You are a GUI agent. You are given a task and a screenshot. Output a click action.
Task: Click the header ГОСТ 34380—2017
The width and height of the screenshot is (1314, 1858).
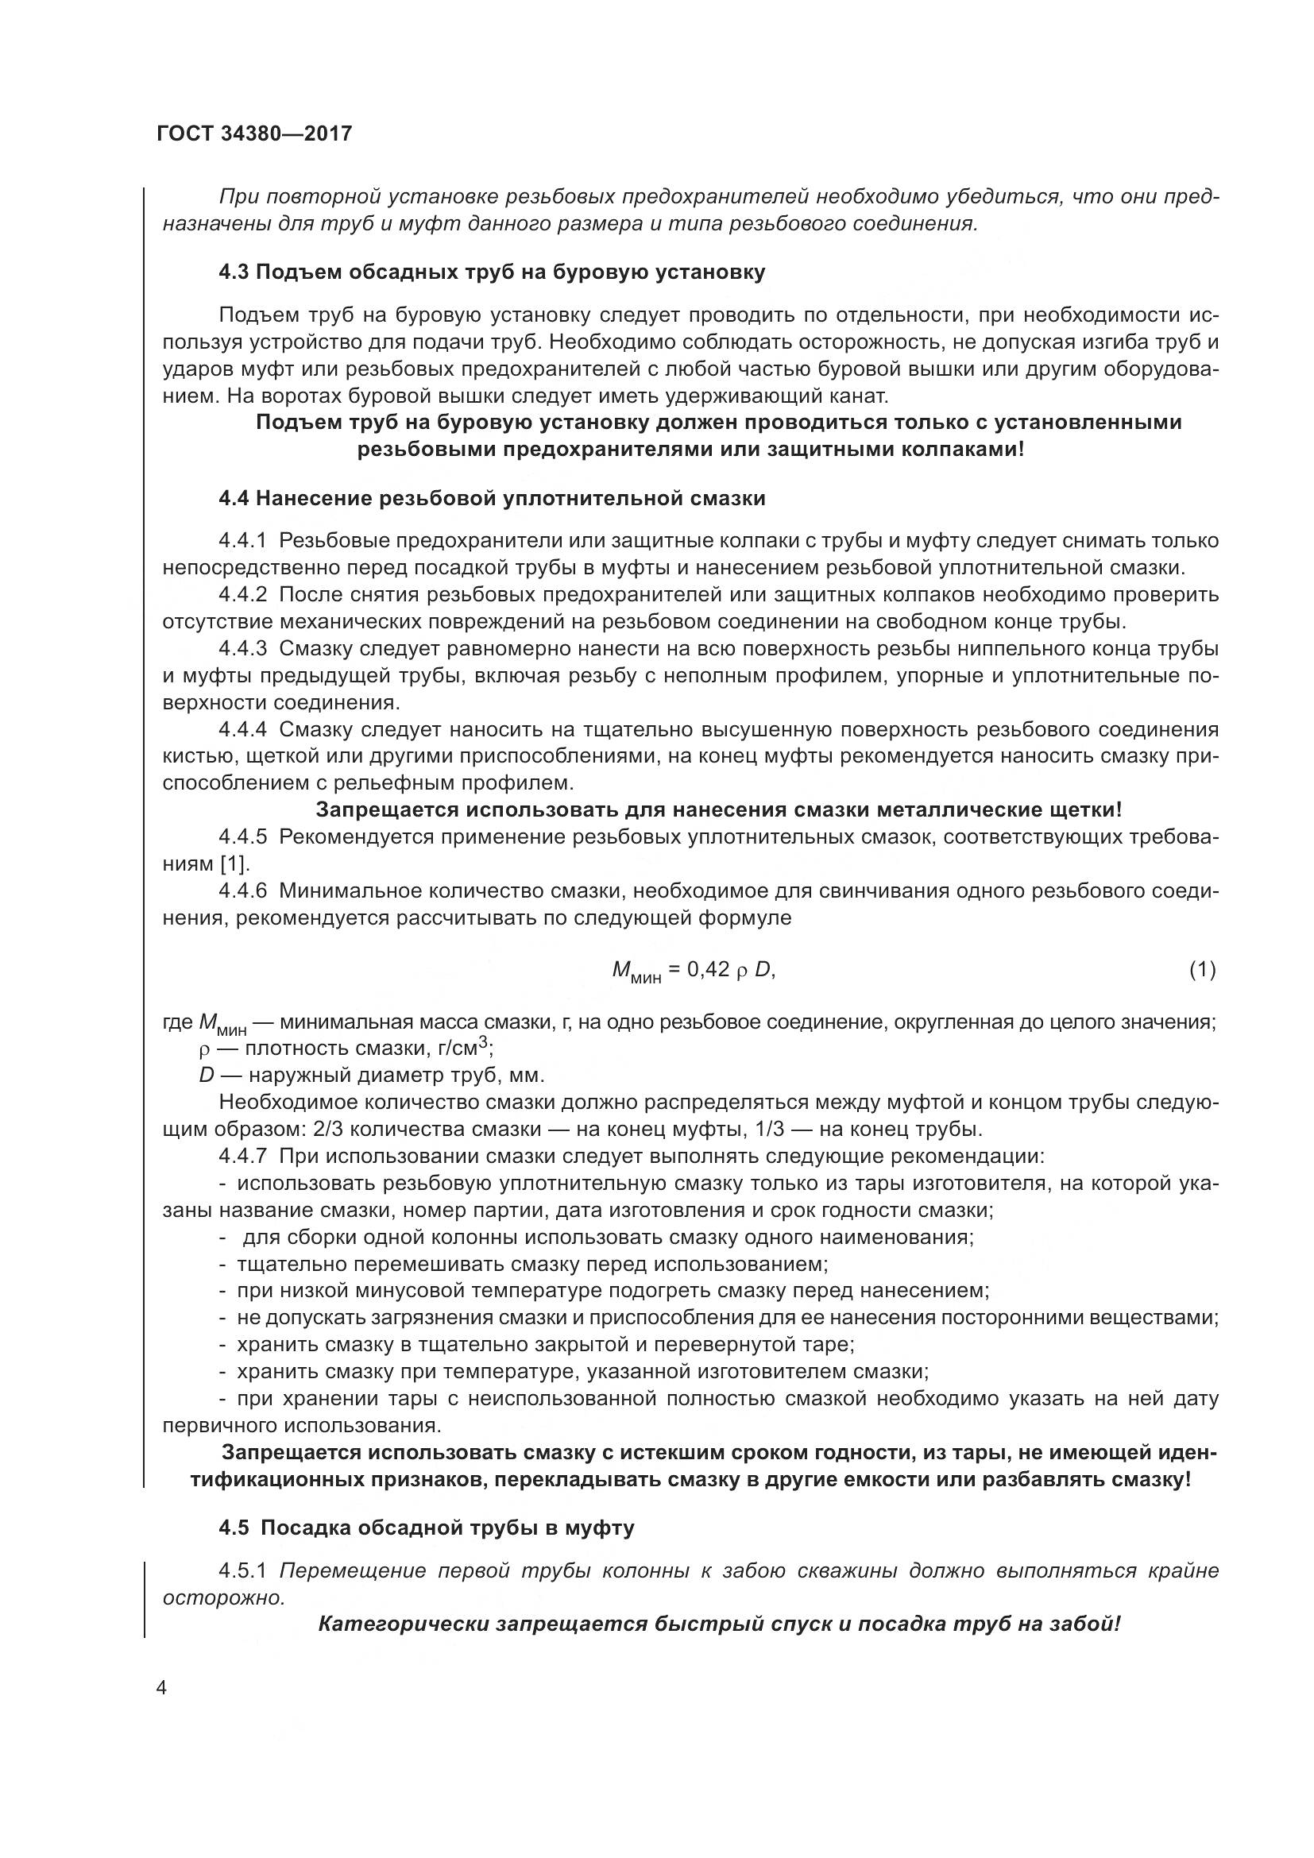[255, 133]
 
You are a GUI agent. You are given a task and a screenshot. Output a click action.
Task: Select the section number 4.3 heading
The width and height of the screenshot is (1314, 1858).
[234, 272]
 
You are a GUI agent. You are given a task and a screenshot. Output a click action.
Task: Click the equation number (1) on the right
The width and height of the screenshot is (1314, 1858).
[1202, 969]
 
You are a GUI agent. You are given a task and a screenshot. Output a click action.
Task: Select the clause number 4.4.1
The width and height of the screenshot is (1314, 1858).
[243, 541]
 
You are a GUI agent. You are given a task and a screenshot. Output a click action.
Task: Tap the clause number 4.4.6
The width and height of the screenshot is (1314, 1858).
[243, 891]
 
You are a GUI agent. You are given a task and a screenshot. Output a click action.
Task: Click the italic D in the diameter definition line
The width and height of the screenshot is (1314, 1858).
[207, 1076]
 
